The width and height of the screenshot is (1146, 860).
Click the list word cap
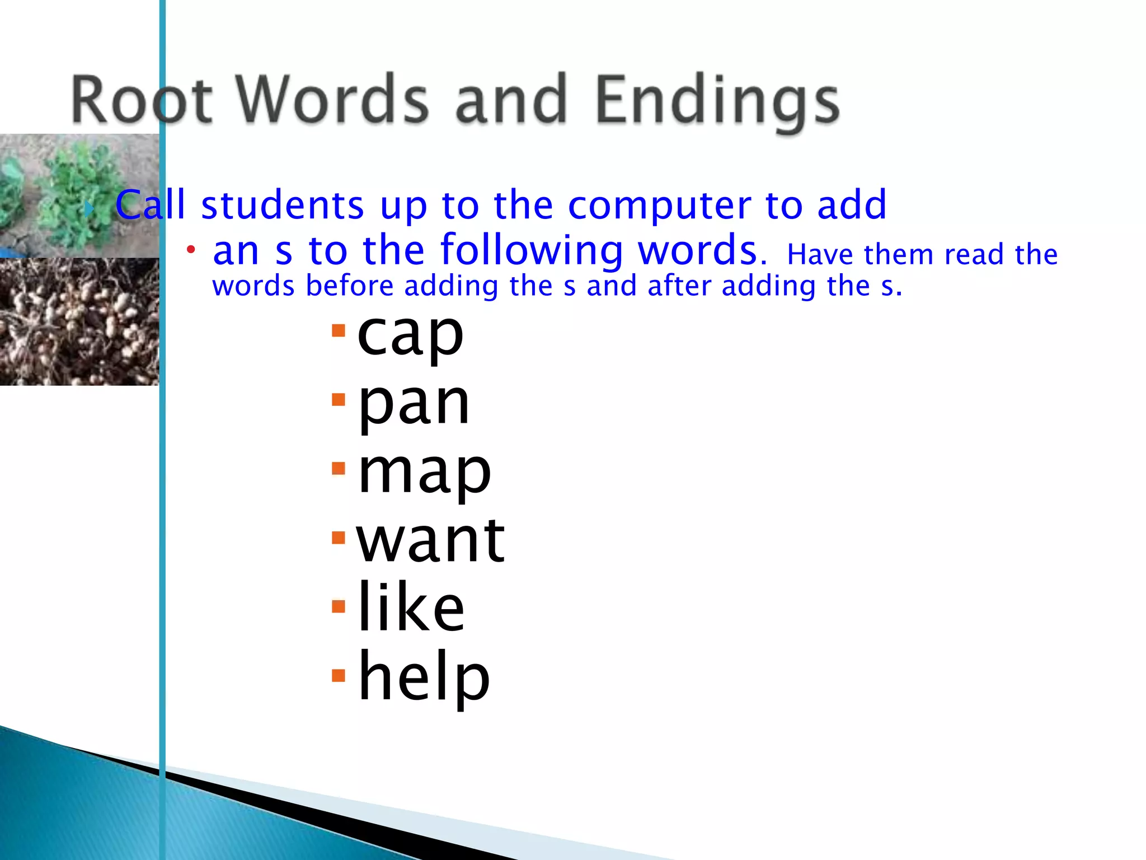pyautogui.click(x=410, y=335)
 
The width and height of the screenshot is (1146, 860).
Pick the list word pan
pyautogui.click(x=414, y=404)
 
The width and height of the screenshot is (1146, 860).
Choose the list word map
pyautogui.click(x=424, y=473)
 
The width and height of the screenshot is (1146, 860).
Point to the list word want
pyautogui.click(x=430, y=540)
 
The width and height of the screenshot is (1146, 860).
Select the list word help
pyautogui.click(x=424, y=677)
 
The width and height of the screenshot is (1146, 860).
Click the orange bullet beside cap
pyautogui.click(x=339, y=330)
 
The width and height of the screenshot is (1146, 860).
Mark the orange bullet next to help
pyautogui.click(x=339, y=675)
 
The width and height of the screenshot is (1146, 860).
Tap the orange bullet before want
pyautogui.click(x=339, y=538)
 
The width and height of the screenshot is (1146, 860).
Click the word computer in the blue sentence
pyautogui.click(x=659, y=206)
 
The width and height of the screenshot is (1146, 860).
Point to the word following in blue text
pyautogui.click(x=532, y=251)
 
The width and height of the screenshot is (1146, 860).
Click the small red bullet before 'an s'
pyautogui.click(x=191, y=249)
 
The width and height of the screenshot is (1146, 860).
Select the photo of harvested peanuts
pyautogui.click(x=78, y=321)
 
